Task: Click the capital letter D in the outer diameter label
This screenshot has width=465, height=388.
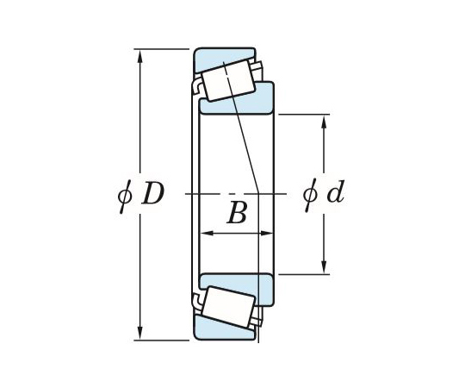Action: click(152, 194)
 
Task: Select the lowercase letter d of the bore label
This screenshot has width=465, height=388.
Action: click(334, 194)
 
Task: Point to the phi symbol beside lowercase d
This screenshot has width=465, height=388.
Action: click(310, 194)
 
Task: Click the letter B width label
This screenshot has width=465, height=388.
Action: click(236, 214)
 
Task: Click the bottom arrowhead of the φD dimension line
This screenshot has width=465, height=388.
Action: click(139, 334)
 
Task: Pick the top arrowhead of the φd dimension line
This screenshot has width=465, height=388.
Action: click(324, 119)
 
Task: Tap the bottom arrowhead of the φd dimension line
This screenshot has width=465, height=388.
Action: click(324, 268)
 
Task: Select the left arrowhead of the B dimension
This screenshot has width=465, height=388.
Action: click(205, 233)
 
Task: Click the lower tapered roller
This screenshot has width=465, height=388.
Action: click(227, 308)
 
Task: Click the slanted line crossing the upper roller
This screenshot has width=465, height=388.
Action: click(234, 95)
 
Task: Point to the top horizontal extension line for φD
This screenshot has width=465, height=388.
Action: click(164, 49)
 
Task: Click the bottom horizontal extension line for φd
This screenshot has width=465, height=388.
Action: click(301, 274)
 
